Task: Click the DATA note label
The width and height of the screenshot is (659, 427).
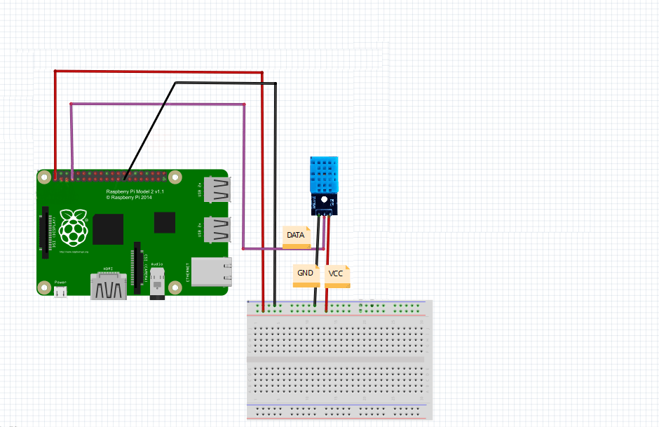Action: click(296, 236)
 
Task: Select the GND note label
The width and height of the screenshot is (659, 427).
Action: click(306, 274)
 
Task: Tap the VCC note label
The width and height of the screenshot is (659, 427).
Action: click(337, 275)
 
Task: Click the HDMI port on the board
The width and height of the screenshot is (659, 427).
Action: click(109, 287)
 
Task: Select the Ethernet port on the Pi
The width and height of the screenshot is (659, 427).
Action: click(211, 272)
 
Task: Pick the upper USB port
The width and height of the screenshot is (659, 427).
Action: click(217, 188)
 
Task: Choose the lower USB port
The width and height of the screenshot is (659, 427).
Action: click(217, 229)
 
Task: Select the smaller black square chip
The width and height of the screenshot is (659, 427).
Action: click(165, 222)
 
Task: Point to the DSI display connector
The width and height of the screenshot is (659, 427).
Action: click(46, 229)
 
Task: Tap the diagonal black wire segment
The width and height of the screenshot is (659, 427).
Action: click(149, 127)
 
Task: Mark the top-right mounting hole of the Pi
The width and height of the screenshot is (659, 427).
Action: click(175, 177)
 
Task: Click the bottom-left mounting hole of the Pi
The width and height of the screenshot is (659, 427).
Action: click(45, 287)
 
